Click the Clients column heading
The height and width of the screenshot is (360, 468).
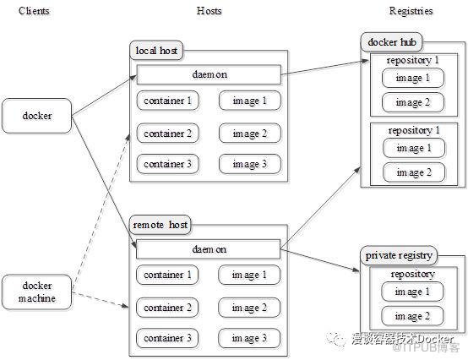point(34,11)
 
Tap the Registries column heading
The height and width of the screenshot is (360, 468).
point(411,11)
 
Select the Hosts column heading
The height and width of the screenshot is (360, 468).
point(209,11)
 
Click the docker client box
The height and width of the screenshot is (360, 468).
point(36,116)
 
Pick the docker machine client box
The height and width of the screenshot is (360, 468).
point(36,292)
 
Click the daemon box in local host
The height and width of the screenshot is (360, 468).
point(209,74)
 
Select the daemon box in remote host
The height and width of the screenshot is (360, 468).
point(209,249)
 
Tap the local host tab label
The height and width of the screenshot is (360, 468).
point(156,50)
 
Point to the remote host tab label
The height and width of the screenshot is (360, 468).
point(160,225)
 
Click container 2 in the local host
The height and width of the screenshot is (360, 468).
point(168,134)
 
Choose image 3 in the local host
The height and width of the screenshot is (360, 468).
point(250,164)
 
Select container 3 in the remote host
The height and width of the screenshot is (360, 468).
point(167,338)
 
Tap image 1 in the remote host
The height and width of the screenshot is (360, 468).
point(249,275)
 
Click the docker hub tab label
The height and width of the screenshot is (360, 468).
point(392,42)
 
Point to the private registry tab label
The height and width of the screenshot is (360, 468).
point(399,255)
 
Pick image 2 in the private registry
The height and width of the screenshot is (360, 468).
point(412,316)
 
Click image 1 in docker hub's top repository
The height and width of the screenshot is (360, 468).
point(413,78)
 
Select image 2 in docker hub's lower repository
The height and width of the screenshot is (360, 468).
point(414,172)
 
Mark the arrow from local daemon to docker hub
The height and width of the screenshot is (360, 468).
point(324,67)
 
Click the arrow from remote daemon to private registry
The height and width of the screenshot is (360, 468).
point(319,260)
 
